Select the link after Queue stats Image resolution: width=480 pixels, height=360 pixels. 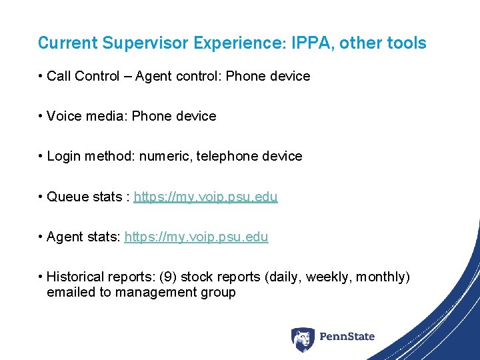point(205,197)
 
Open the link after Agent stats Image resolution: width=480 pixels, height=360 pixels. point(196,237)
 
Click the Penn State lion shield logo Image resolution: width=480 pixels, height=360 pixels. point(302,339)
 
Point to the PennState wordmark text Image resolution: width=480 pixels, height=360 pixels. point(347,337)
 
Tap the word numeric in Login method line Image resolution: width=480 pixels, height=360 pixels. point(167,156)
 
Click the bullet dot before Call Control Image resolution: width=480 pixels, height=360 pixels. point(41,76)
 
